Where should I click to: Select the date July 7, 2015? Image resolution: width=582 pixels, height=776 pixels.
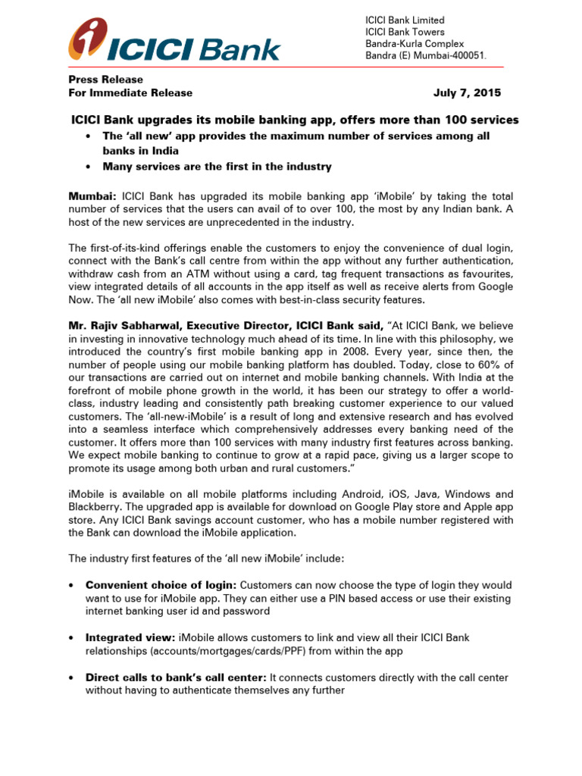(x=467, y=93)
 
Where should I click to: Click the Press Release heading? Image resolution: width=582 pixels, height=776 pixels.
(x=105, y=80)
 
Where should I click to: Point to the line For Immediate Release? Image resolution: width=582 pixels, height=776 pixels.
(x=130, y=93)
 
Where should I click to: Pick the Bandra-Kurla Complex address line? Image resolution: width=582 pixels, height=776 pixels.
(x=415, y=44)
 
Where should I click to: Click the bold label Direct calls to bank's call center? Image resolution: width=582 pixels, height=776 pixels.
(x=176, y=677)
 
